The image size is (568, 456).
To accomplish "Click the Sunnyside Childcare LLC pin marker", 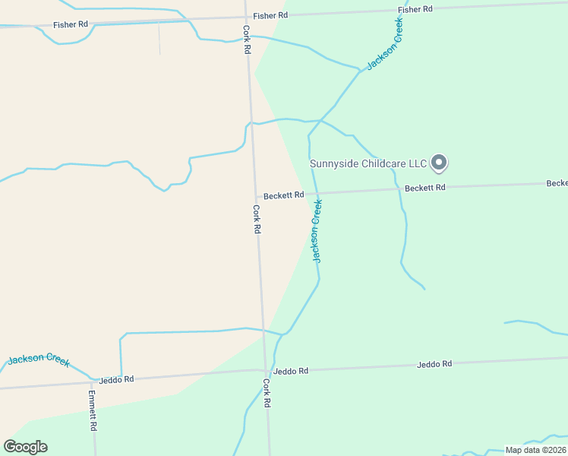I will [439, 162].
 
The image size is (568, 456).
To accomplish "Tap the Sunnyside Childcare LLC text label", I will [368, 163].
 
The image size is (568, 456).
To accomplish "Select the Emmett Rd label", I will [92, 410].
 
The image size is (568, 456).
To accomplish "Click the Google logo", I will [26, 447].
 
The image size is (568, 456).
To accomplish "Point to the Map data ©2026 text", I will [535, 450].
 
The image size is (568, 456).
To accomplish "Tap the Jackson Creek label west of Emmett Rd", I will [39, 359].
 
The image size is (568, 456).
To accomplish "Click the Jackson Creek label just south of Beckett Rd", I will [317, 231].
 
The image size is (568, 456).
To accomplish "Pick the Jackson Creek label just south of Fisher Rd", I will [385, 45].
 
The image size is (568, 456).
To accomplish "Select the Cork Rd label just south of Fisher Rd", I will [247, 40].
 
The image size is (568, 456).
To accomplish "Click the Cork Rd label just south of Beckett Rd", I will [257, 219].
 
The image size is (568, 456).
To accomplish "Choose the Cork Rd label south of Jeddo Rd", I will [267, 394].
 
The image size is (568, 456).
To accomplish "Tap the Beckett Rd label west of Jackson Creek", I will [284, 195].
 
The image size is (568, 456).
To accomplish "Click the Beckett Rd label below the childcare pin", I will [424, 187].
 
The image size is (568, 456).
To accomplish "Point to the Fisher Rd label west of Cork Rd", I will [70, 25].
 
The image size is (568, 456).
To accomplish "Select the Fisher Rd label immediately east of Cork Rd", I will [270, 15].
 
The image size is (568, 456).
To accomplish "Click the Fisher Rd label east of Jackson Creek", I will [415, 9].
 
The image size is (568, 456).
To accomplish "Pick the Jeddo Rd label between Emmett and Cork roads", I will [118, 378].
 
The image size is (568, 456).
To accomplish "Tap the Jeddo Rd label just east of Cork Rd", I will [291, 371].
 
